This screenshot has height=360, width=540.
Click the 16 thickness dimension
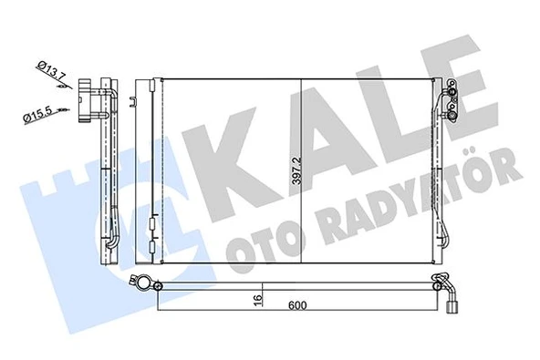[259, 297]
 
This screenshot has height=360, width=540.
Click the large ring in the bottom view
[156, 289]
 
